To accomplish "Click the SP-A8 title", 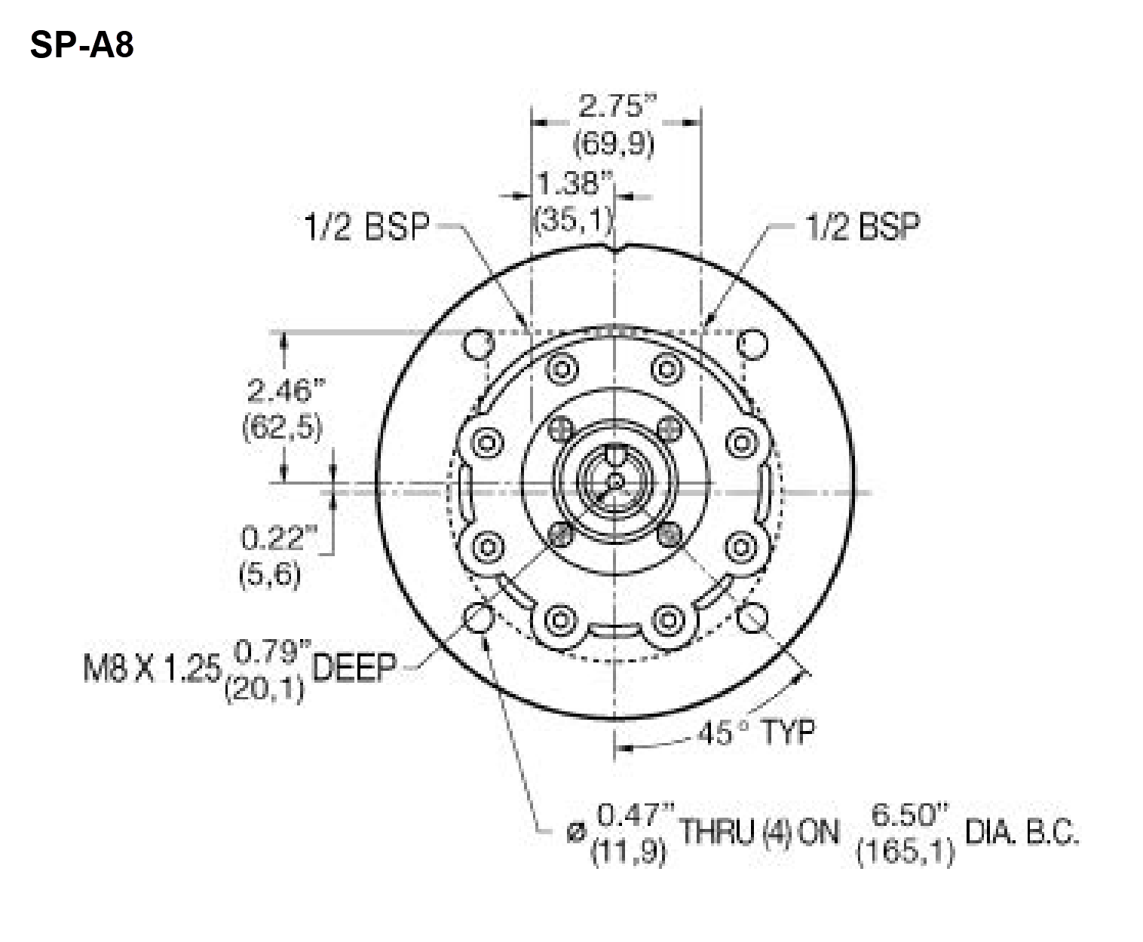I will [82, 45].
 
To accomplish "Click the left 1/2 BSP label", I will [366, 227].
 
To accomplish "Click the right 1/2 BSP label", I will [863, 226].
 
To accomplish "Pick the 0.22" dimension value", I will [277, 539].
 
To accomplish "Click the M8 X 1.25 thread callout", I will [152, 668].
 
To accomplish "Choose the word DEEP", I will [354, 668].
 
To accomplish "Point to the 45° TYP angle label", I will [755, 732].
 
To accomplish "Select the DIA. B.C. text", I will [1021, 834].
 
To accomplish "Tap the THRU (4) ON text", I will [759, 833].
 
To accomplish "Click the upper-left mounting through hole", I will [478, 345].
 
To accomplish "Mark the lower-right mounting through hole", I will [752, 618].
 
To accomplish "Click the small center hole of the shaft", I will [615, 480].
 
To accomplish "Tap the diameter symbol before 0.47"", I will [577, 833].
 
